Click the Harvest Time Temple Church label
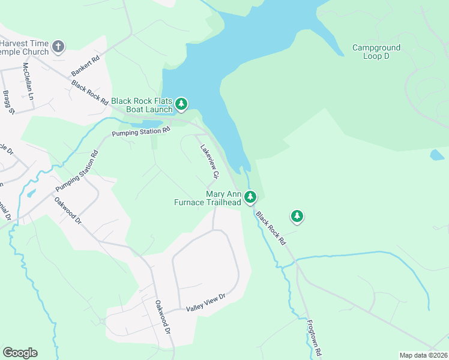pyautogui.click(x=24, y=47)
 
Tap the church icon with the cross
pyautogui.click(x=58, y=46)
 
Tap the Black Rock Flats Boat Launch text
pyautogui.click(x=142, y=106)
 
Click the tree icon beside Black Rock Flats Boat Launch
pyautogui.click(x=181, y=106)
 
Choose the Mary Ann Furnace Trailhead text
pyautogui.click(x=223, y=199)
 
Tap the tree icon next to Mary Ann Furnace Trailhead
pyautogui.click(x=250, y=197)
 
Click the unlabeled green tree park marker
pyautogui.click(x=297, y=216)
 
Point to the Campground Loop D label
pyautogui.click(x=376, y=52)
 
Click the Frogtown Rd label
pyautogui.click(x=315, y=337)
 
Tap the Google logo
pyautogui.click(x=20, y=353)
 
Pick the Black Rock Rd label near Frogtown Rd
pyautogui.click(x=271, y=227)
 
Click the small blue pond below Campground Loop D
pyautogui.click(x=437, y=155)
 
